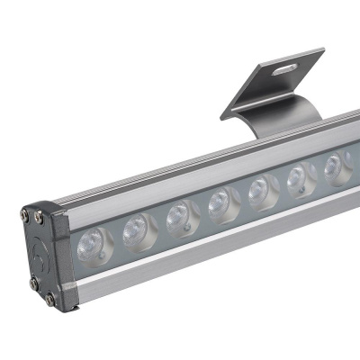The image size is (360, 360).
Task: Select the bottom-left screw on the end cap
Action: click(32, 283)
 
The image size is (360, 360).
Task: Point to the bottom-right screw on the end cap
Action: click(50, 298)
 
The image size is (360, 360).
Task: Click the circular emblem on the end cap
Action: click(38, 255)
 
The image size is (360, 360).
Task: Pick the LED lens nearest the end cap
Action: click(93, 241)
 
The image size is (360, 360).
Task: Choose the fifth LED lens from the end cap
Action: click(259, 189)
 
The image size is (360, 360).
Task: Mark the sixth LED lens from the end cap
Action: click(299, 177)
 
